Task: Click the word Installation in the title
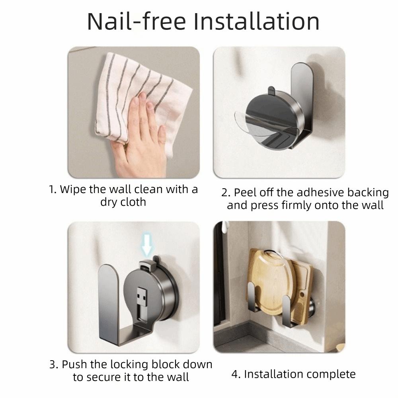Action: click(x=256, y=21)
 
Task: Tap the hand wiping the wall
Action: click(x=139, y=137)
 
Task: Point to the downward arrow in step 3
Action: click(x=147, y=245)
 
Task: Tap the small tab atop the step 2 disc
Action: click(x=271, y=90)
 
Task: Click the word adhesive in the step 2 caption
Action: click(x=320, y=192)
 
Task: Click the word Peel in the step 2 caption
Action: click(x=245, y=192)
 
